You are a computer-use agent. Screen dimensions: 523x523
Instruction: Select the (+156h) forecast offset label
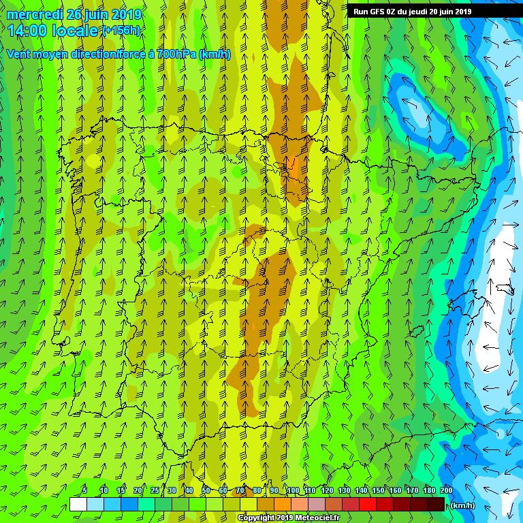[x=121, y=30]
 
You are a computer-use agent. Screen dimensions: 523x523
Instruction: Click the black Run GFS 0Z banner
[x=412, y=11]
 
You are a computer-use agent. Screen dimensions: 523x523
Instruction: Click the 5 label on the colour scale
[x=84, y=490]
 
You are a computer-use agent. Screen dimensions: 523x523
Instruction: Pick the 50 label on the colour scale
[x=206, y=490]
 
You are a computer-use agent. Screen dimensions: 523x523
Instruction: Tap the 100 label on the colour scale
[x=292, y=490]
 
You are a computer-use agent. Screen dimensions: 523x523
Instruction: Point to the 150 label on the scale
[x=378, y=490]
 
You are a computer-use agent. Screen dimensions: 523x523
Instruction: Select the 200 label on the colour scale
[x=446, y=490]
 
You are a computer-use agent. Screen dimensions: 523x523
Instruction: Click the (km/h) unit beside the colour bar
[x=463, y=505]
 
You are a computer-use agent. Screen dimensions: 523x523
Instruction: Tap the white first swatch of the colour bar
[x=78, y=504]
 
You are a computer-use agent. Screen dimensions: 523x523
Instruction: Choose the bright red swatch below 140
[x=368, y=504]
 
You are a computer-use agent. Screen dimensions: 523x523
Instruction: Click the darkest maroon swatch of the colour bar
[x=436, y=504]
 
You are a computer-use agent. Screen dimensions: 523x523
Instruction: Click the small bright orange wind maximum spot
[x=292, y=163]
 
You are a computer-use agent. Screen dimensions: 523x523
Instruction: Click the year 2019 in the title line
[x=126, y=14]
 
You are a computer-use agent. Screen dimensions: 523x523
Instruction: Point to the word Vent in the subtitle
[x=19, y=54]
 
